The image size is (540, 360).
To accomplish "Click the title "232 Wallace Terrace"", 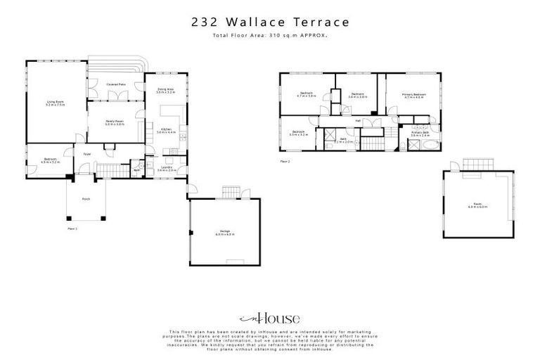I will (x=270, y=22).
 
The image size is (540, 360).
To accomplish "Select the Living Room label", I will (x=56, y=104).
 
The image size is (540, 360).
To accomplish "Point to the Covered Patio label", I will (x=116, y=84).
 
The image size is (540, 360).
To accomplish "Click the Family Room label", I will (x=115, y=122).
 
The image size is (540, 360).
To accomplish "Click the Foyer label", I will (x=88, y=154).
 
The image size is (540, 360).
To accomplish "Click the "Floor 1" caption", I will (x=72, y=229).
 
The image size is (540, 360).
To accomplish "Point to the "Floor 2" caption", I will (x=285, y=161).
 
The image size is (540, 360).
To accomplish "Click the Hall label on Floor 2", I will (x=358, y=121).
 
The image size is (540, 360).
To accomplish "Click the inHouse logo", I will (x=270, y=318).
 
